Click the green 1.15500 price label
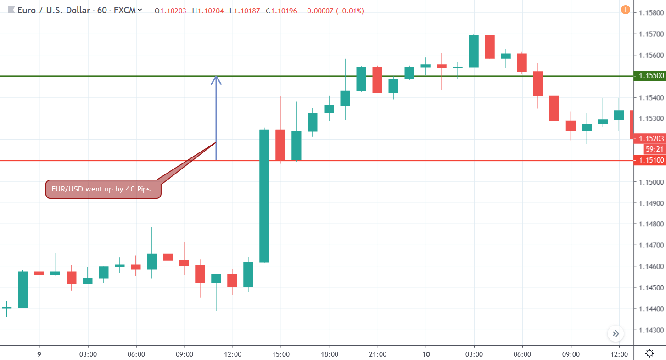click(649, 76)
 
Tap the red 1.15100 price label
click(649, 161)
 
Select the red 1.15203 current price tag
click(649, 139)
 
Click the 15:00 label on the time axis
click(281, 354)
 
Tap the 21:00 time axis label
click(377, 354)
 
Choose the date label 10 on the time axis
click(426, 354)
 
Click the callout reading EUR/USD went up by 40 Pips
click(104, 189)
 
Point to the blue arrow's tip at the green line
click(216, 78)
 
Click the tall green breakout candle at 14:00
click(264, 196)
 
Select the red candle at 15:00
click(280, 145)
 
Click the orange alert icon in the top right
click(625, 10)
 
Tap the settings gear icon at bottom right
click(649, 353)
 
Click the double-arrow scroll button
click(616, 334)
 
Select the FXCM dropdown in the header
click(128, 10)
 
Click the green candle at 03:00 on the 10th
click(474, 51)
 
